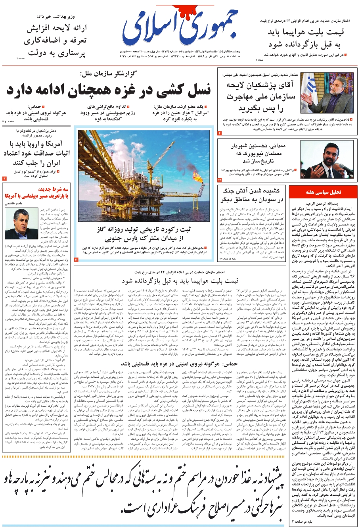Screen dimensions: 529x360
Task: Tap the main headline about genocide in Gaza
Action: click(108, 90)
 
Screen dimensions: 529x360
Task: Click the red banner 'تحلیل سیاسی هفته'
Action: click(323, 192)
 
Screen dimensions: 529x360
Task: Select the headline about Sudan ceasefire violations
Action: click(253, 195)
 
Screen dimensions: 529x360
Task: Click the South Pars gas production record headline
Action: click(144, 234)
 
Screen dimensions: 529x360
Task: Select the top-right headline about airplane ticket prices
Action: click(305, 38)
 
